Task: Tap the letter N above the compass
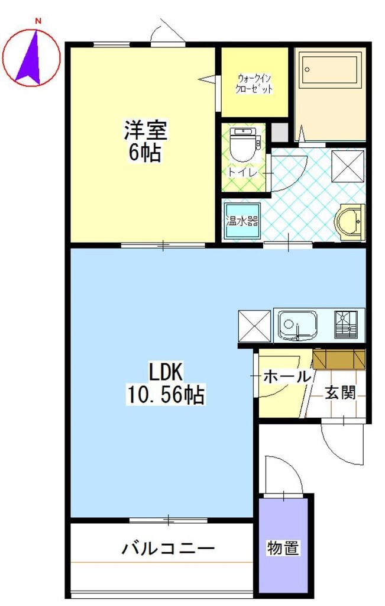[x=37, y=22]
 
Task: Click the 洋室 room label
[x=145, y=130]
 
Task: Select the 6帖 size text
[x=145, y=153]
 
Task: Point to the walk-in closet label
[x=254, y=83]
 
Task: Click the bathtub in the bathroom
[x=329, y=70]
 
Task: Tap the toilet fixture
[x=242, y=143]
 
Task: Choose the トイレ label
[x=242, y=172]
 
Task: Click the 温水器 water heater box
[x=242, y=222]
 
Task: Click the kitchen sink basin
[x=297, y=325]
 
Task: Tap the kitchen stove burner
[x=346, y=325]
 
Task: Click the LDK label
[x=166, y=373]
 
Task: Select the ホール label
[x=287, y=376]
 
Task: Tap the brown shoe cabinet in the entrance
[x=339, y=359]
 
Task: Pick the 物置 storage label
[x=283, y=547]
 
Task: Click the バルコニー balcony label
[x=168, y=547]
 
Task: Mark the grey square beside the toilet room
[x=280, y=132]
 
